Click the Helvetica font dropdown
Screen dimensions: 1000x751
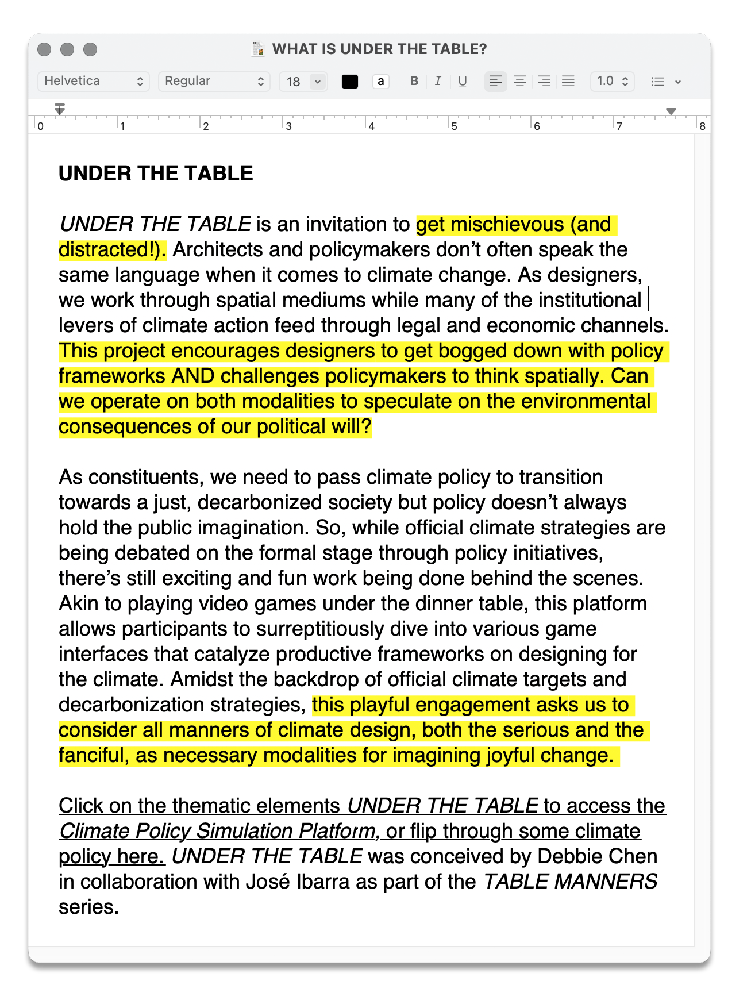[93, 81]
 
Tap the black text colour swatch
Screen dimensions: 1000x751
[349, 82]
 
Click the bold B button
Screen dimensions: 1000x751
[414, 81]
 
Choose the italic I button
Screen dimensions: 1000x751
[438, 81]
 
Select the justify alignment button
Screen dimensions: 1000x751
[568, 81]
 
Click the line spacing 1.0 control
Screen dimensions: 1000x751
[612, 81]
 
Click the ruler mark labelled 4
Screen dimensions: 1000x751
[371, 126]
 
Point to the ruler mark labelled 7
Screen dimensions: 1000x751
[619, 126]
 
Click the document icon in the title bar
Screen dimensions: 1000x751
[258, 49]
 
